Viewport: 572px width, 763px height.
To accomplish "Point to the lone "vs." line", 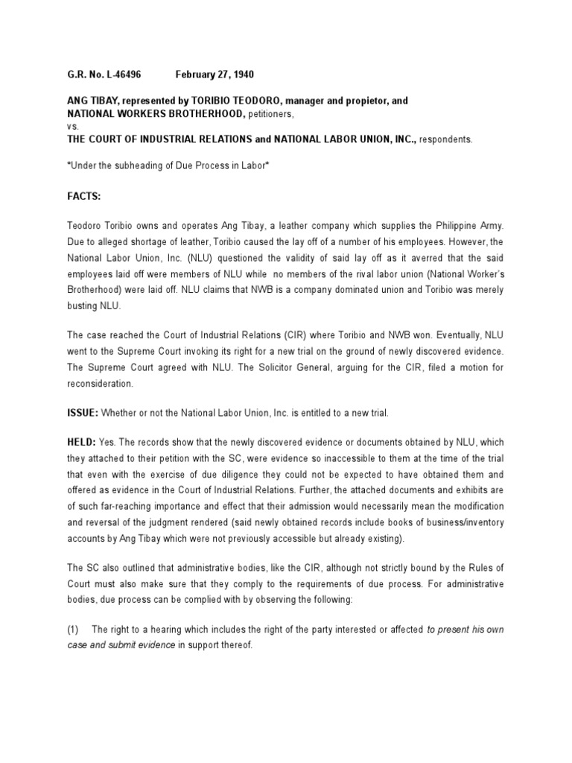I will pyautogui.click(x=63, y=126).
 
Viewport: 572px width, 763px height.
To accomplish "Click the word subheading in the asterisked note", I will pyautogui.click(x=136, y=165).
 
